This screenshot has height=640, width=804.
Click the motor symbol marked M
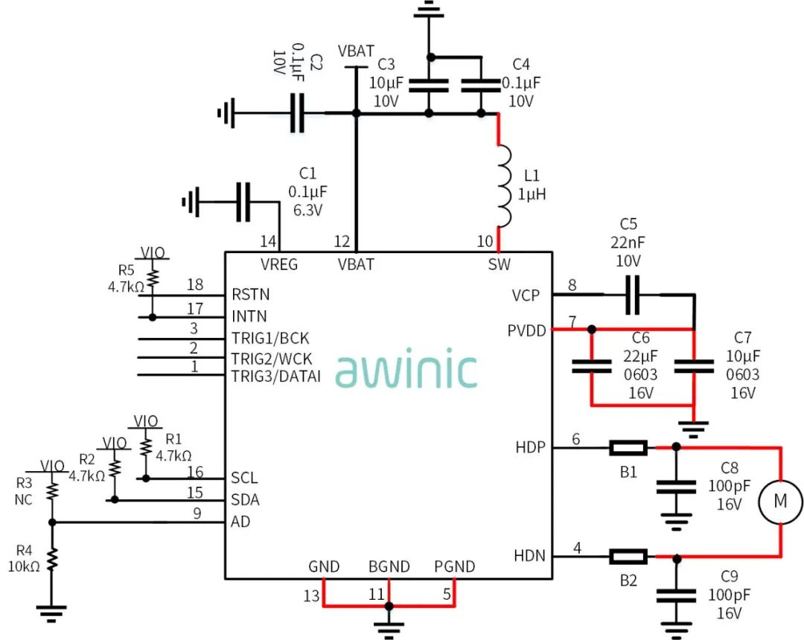780,502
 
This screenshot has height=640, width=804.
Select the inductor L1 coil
504,186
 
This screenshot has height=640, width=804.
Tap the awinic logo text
406,370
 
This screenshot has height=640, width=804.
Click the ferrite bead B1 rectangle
628,448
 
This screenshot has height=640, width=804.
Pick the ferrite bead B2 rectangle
628,556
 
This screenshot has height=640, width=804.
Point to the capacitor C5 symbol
633,295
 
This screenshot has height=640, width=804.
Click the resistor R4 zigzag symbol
52,559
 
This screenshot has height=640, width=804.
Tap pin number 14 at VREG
268,242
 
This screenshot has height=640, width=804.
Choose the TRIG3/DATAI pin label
275,377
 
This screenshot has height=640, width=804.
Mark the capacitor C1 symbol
243,201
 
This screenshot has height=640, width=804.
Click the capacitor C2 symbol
297,113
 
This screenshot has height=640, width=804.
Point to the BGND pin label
389,567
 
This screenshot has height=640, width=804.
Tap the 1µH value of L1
532,194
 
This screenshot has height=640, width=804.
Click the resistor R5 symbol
153,278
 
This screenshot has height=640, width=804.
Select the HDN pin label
529,556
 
